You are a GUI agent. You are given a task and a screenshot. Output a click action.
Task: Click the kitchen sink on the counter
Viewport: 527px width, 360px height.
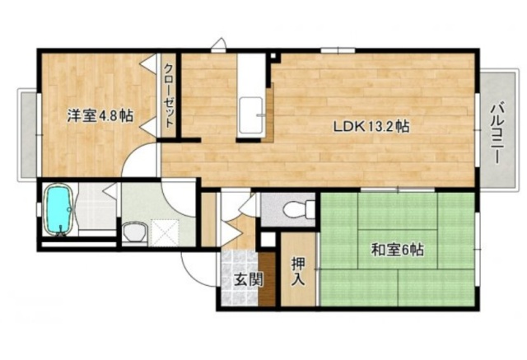tap(250, 115)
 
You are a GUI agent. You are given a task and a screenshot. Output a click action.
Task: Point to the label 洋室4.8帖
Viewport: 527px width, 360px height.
tap(100, 115)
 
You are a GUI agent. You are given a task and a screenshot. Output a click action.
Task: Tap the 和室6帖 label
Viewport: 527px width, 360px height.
tap(398, 250)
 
